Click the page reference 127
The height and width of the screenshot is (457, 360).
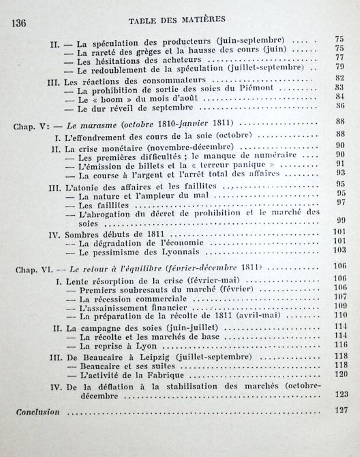(x=340, y=410)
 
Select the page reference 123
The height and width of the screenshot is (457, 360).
(x=340, y=395)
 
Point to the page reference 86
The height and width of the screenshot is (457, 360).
(x=340, y=106)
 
